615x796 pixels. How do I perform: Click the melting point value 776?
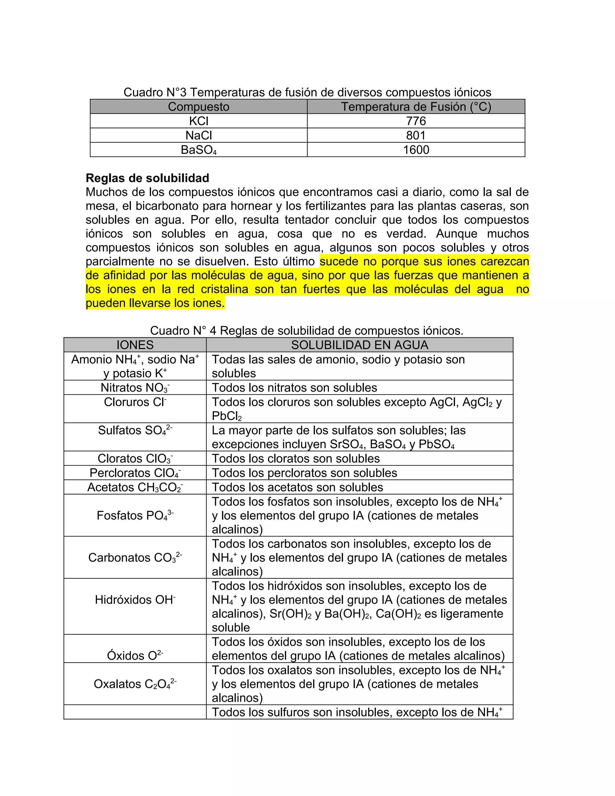click(x=416, y=121)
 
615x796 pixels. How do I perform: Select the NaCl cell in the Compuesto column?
click(x=198, y=135)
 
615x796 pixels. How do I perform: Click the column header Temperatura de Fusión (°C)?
click(x=416, y=107)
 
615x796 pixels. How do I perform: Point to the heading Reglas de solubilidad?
click(x=147, y=178)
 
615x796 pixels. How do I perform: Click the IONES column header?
click(x=135, y=345)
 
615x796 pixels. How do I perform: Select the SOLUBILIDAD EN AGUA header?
click(x=359, y=345)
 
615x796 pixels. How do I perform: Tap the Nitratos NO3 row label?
click(x=135, y=388)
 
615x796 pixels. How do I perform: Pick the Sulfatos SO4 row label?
click(x=135, y=430)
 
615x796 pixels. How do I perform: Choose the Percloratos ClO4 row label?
click(x=135, y=473)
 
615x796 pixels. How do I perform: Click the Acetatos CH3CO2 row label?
click(x=135, y=487)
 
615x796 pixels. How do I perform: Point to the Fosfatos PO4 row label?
click(x=135, y=516)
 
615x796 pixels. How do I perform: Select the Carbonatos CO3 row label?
click(x=135, y=558)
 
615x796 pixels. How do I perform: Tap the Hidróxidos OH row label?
click(x=135, y=600)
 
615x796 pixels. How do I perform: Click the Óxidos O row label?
click(x=135, y=656)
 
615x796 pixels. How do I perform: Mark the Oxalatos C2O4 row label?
click(x=135, y=684)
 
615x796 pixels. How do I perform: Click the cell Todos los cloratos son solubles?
click(x=295, y=458)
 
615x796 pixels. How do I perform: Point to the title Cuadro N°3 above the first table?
click(x=307, y=92)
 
